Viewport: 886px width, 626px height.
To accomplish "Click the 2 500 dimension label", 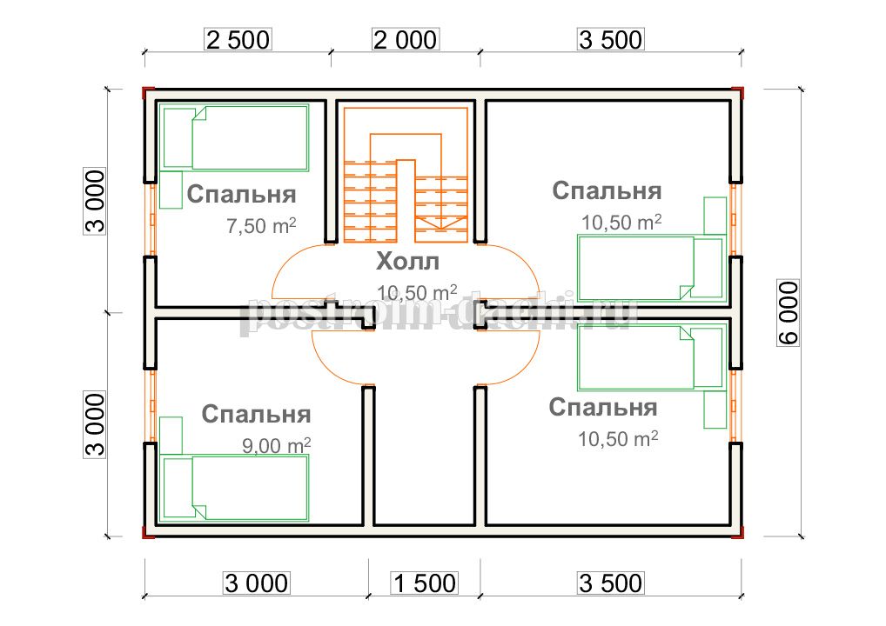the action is pyautogui.click(x=238, y=39).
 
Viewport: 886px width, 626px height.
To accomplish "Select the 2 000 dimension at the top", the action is pyautogui.click(x=406, y=39).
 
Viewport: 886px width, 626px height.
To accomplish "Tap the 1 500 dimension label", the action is pyautogui.click(x=425, y=583).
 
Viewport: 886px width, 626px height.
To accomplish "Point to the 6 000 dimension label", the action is pyautogui.click(x=789, y=312).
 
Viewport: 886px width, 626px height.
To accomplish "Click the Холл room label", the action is pyautogui.click(x=407, y=262).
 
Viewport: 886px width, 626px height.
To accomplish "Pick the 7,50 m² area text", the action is pyautogui.click(x=261, y=225).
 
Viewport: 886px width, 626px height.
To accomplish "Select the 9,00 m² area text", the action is pyautogui.click(x=276, y=445).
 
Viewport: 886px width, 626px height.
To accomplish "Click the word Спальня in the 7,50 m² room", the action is pyautogui.click(x=241, y=194).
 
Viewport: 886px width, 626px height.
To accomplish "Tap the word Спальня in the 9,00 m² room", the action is pyautogui.click(x=256, y=414).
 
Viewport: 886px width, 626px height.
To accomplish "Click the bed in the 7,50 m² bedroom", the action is pyautogui.click(x=234, y=137).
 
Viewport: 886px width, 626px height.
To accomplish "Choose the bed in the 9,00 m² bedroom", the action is pyautogui.click(x=234, y=488).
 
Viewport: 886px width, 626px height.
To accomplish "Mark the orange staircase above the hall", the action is pyautogui.click(x=406, y=175).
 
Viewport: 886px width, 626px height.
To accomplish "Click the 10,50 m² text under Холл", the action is pyautogui.click(x=417, y=292).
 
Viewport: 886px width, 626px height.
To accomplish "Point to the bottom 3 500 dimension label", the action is pyautogui.click(x=610, y=583).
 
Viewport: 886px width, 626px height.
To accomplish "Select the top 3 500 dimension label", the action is pyautogui.click(x=610, y=39).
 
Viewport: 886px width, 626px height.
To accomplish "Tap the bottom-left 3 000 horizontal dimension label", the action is pyautogui.click(x=257, y=583).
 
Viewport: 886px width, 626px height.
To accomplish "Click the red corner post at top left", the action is pyautogui.click(x=148, y=93).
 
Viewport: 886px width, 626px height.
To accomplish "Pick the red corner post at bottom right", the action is pyautogui.click(x=737, y=532).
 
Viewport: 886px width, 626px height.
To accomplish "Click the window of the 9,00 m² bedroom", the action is pyautogui.click(x=151, y=405).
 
